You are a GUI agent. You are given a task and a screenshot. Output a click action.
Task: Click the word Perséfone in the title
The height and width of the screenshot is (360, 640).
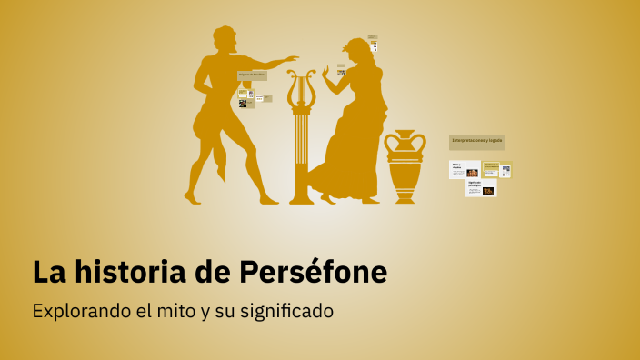coord(314,272)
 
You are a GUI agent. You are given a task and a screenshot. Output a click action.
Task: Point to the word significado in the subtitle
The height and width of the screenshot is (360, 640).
coord(286,311)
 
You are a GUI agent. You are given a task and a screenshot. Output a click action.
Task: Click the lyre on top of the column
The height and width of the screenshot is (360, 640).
coord(301,88)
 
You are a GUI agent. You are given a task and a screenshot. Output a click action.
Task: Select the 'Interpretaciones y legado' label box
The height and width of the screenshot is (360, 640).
coord(476,141)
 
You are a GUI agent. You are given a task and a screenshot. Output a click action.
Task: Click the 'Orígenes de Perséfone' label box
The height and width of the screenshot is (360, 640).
coord(252,75)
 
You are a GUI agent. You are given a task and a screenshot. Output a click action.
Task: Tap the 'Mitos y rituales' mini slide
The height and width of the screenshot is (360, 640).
coord(465,169)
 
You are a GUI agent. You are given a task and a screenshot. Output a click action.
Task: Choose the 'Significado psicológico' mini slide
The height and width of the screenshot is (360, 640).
coord(481,187)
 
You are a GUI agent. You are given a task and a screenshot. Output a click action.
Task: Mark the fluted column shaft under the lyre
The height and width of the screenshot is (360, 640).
coord(301,150)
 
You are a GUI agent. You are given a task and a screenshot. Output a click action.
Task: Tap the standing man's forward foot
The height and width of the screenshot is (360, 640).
coord(269,198)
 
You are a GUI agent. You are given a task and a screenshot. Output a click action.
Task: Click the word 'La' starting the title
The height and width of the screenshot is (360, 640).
coord(45,272)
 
